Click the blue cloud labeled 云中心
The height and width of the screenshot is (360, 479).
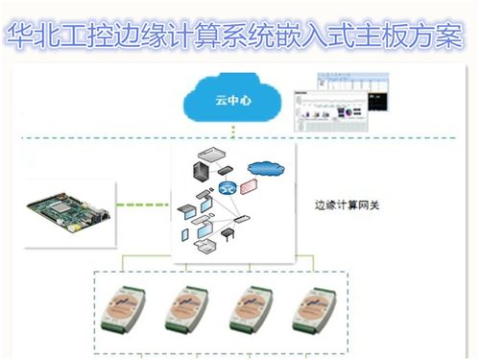tap(233, 100)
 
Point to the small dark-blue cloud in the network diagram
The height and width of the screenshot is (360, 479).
tap(265, 171)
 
